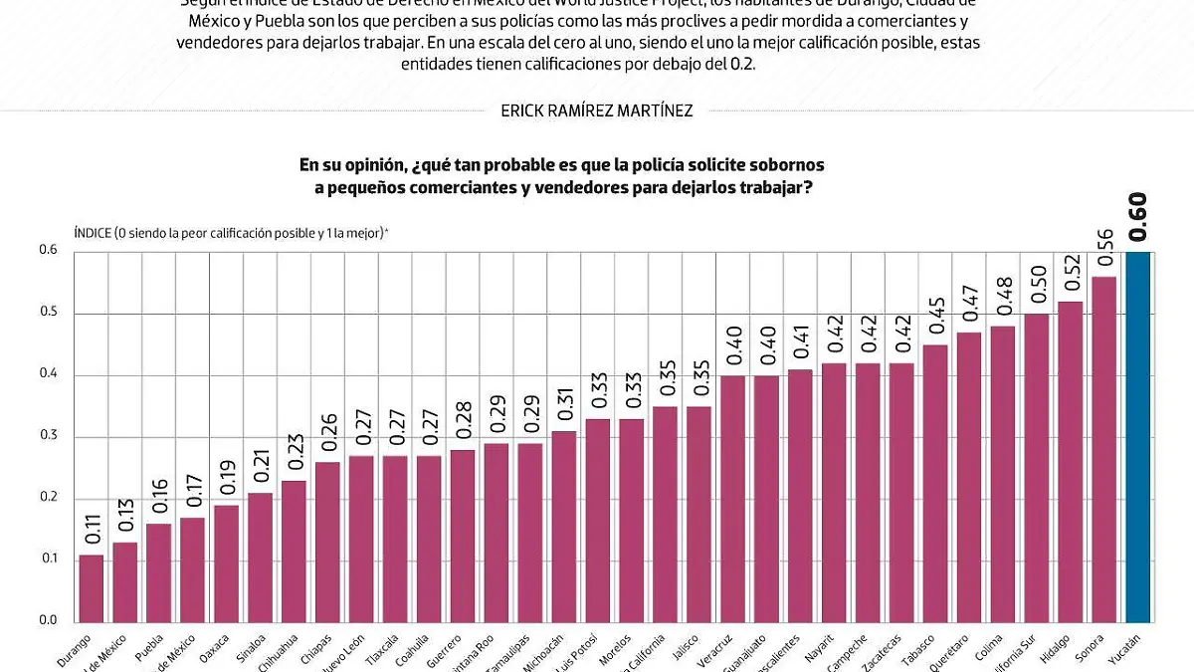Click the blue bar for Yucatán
[x=1137, y=438]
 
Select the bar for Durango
[x=92, y=589]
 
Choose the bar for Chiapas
[x=327, y=543]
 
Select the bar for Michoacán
[x=564, y=528]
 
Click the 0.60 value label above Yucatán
[x=1137, y=218]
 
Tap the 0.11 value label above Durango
[x=92, y=526]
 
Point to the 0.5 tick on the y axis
[x=49, y=314]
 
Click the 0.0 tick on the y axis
[x=49, y=620]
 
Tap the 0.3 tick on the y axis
[x=49, y=436]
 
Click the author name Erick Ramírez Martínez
[x=597, y=112]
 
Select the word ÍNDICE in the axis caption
[x=94, y=233]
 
